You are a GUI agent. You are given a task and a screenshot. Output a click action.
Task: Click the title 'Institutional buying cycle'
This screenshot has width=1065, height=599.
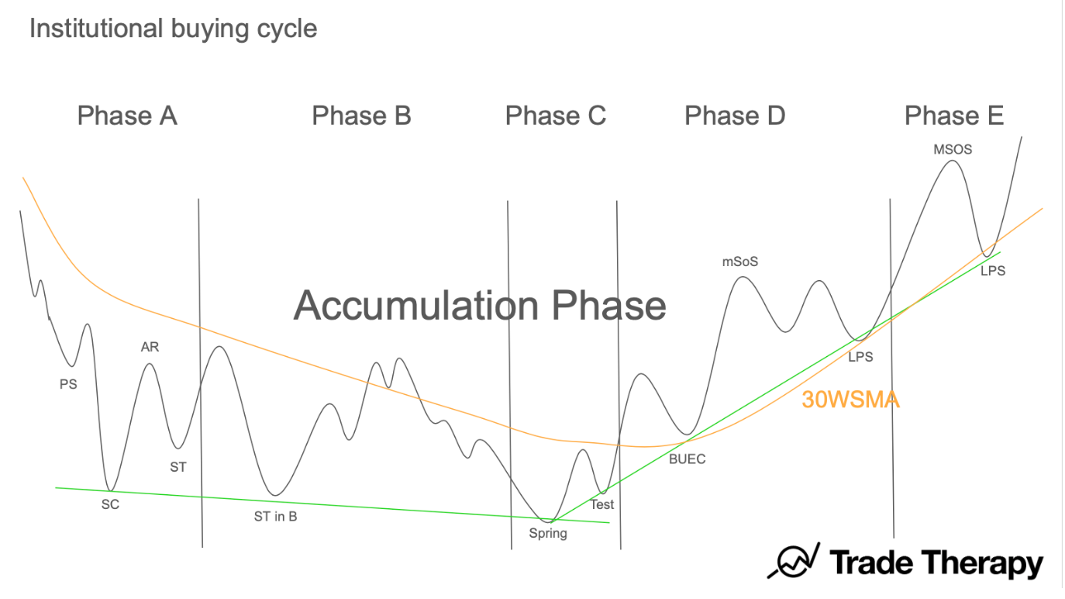pyautogui.click(x=173, y=29)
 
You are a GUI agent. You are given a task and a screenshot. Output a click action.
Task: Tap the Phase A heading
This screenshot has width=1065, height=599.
pyautogui.click(x=127, y=116)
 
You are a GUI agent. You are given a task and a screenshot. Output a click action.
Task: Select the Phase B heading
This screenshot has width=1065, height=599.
pyautogui.click(x=361, y=116)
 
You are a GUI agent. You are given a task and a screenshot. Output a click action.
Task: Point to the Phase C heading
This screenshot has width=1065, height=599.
pyautogui.click(x=555, y=116)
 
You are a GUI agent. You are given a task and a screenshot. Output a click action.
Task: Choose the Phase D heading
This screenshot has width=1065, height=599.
pyautogui.click(x=735, y=116)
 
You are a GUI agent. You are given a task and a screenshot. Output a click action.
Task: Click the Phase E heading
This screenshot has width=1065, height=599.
pyautogui.click(x=954, y=116)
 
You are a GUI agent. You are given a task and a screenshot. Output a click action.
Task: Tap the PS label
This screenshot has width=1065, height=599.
pyautogui.click(x=68, y=383)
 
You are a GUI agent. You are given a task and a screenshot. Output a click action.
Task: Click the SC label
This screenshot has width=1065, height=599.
pyautogui.click(x=111, y=504)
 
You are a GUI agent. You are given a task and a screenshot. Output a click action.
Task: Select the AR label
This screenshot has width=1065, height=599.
pyautogui.click(x=150, y=347)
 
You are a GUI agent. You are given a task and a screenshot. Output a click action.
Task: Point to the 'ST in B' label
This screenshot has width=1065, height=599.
pyautogui.click(x=275, y=516)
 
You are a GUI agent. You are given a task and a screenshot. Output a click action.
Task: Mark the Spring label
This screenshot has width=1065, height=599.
pyautogui.click(x=548, y=533)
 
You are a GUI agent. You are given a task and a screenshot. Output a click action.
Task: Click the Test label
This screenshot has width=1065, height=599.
pyautogui.click(x=601, y=504)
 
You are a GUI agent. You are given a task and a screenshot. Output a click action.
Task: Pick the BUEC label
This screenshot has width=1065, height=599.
pyautogui.click(x=688, y=459)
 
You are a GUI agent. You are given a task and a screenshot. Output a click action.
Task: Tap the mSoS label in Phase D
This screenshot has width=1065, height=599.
pyautogui.click(x=740, y=261)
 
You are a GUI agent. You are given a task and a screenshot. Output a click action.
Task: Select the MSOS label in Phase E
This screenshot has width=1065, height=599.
pyautogui.click(x=953, y=149)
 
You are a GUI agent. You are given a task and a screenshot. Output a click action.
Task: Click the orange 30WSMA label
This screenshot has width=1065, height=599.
pyautogui.click(x=850, y=400)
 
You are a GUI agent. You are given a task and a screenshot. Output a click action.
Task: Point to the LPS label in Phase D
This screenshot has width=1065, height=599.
pyautogui.click(x=860, y=357)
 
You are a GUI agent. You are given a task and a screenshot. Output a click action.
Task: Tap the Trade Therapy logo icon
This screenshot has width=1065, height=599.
pyautogui.click(x=793, y=561)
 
